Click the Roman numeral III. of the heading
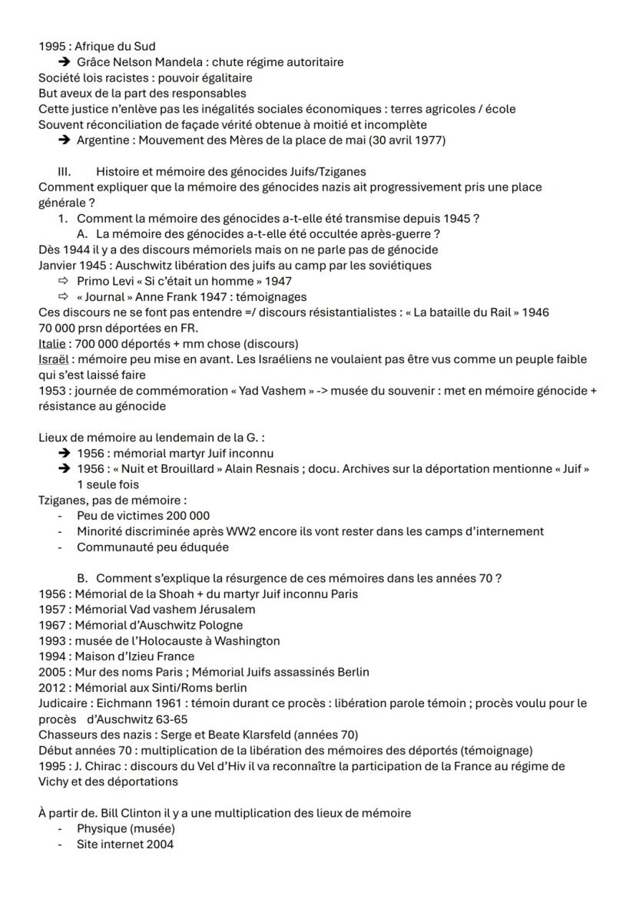[65, 171]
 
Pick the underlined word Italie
[51, 343]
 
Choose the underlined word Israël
[52, 359]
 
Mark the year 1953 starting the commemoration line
[52, 391]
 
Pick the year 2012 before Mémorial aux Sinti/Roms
[52, 687]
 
